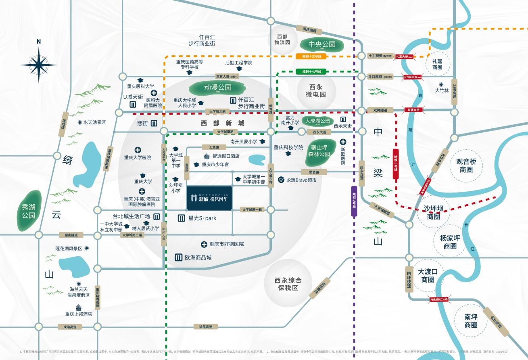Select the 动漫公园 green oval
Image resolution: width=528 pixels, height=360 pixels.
tap(212, 88)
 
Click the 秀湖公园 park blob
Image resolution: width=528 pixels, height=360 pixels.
tap(29, 211)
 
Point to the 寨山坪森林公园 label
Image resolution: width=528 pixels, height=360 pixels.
tap(319, 151)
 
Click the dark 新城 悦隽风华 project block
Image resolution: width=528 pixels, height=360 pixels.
tap(209, 198)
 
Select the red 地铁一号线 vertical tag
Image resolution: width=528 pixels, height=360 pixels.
tap(396, 164)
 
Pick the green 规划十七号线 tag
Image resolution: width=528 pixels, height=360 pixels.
tap(311, 71)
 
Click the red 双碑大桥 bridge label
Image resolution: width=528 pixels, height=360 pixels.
tap(414, 110)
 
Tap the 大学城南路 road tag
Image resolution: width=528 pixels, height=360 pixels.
tap(225, 132)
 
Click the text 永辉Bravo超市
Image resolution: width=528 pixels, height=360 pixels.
tap(301, 180)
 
